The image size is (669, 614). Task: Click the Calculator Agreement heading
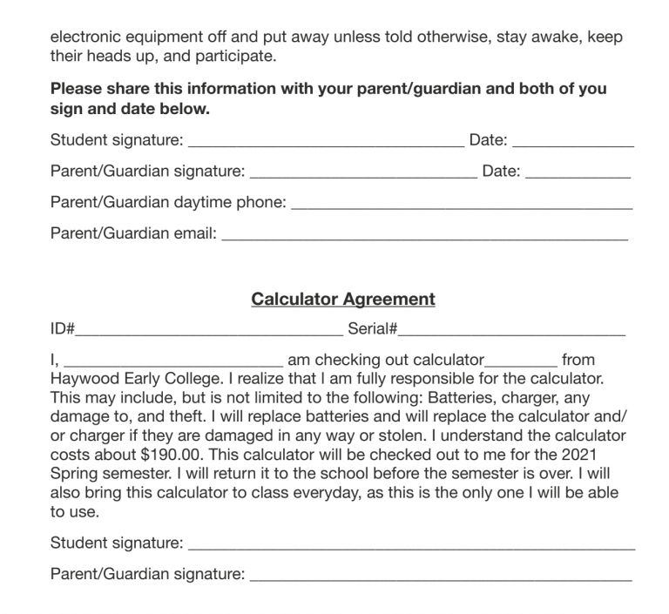coord(343,300)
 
